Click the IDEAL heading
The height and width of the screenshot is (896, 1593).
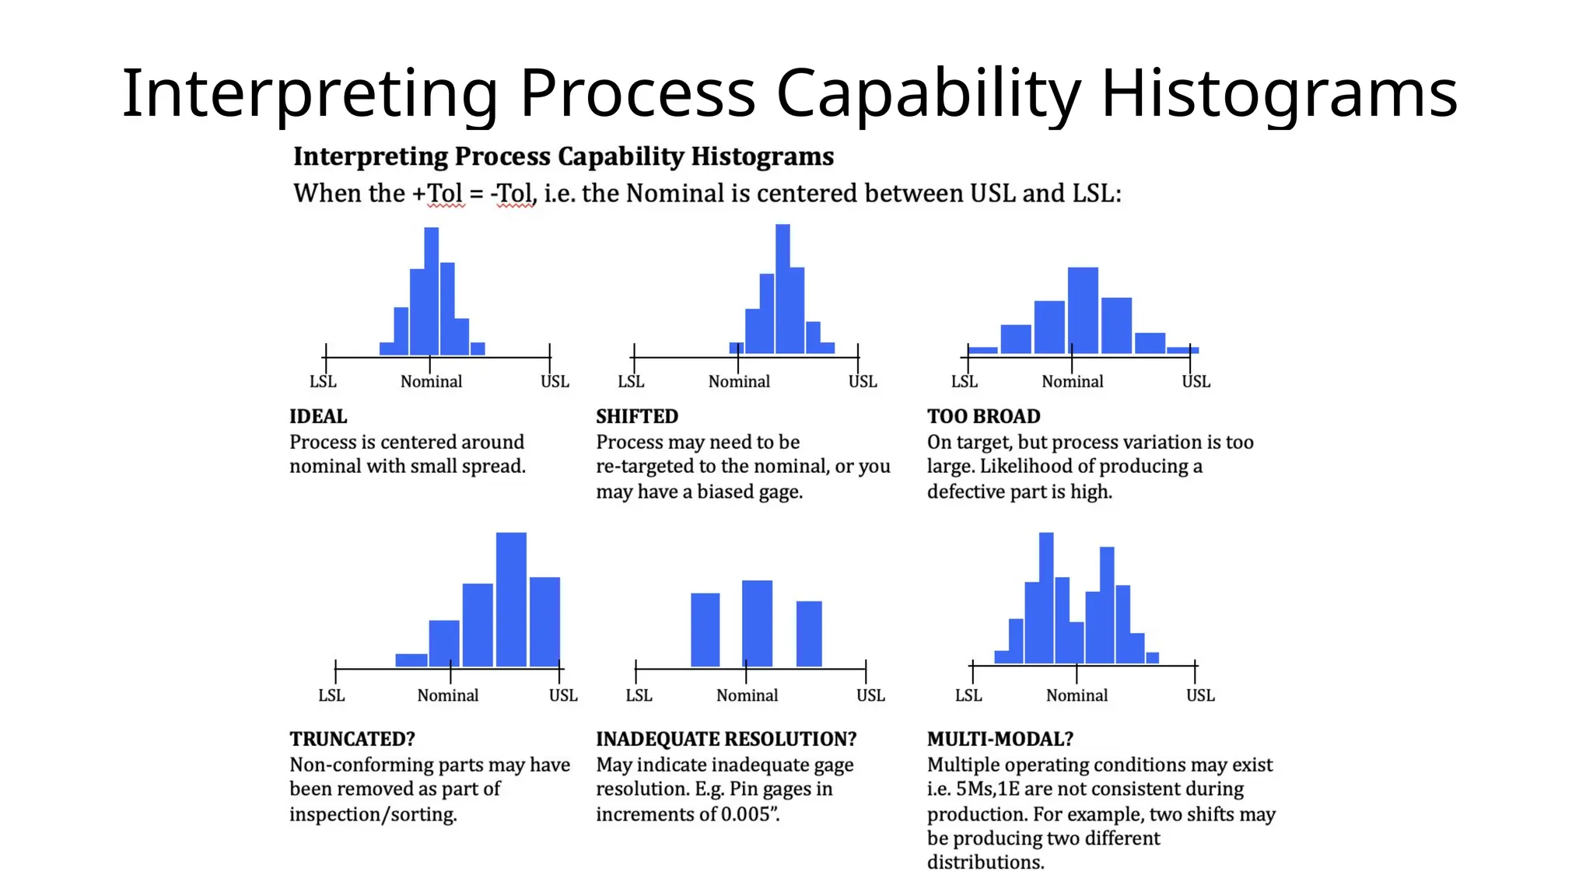(318, 416)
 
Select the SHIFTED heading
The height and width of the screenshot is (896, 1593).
(637, 416)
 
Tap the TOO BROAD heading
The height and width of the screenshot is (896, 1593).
(983, 416)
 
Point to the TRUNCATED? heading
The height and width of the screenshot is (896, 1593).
(352, 738)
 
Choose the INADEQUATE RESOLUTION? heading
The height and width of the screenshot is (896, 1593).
(726, 738)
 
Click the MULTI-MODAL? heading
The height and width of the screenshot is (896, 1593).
(1000, 738)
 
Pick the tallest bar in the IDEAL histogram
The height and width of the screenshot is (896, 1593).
(432, 291)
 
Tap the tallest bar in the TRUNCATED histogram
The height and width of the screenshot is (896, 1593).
(511, 599)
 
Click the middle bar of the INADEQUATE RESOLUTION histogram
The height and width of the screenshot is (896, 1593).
(757, 623)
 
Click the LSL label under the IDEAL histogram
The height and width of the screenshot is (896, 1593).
(323, 381)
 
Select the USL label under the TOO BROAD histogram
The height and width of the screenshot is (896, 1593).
(1196, 381)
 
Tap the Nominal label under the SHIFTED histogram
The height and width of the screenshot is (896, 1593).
(739, 381)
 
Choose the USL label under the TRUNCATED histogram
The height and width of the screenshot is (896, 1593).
(563, 695)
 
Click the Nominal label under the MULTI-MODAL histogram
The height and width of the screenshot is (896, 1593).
(1077, 695)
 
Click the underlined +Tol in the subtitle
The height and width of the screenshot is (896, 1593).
(439, 193)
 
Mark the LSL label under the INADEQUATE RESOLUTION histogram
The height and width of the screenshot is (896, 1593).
(639, 695)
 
